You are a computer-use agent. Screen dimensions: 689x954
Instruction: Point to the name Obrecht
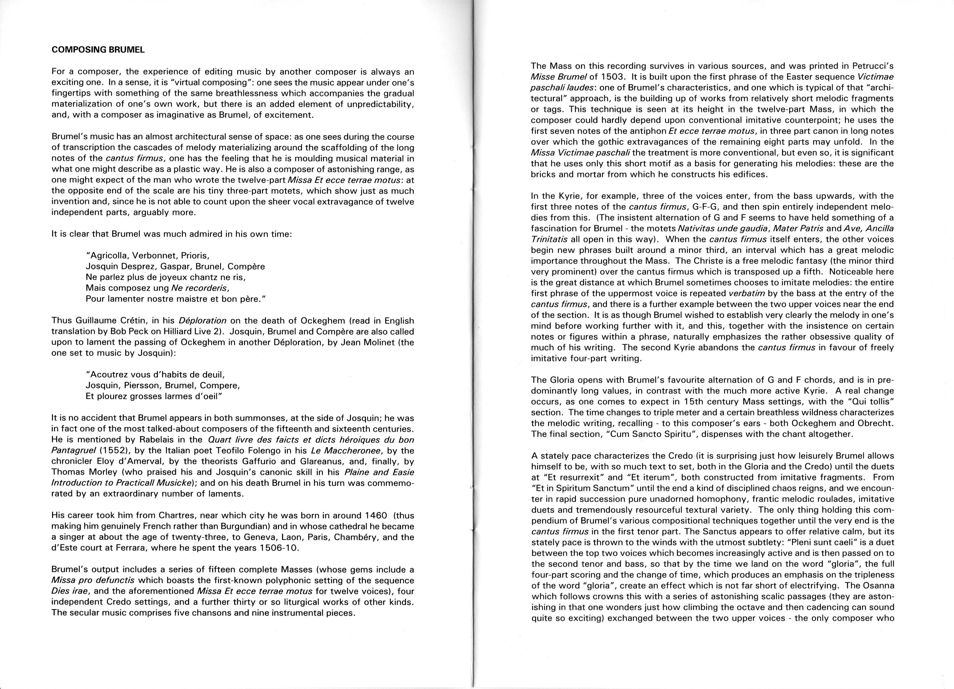(x=876, y=423)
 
